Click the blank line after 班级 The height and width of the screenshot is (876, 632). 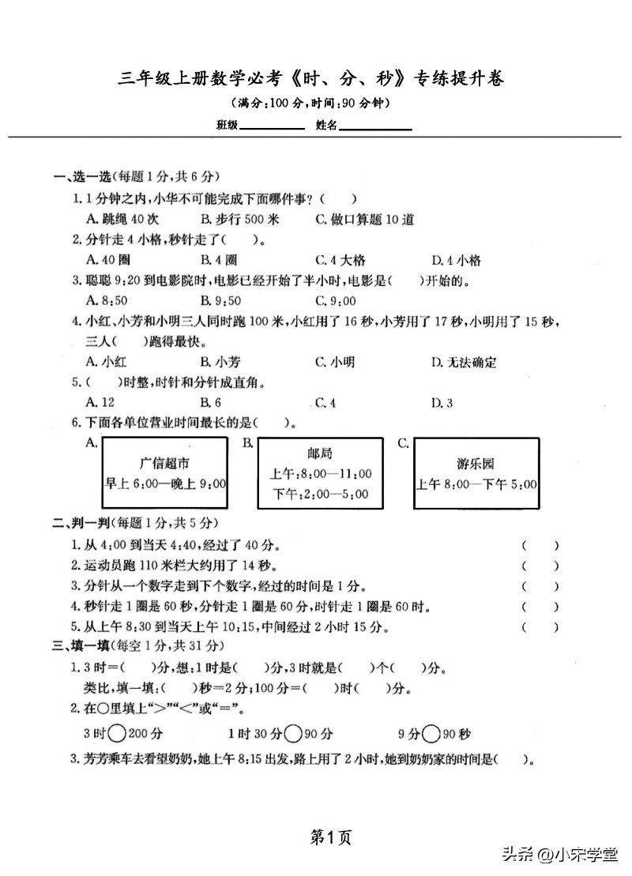[272, 126]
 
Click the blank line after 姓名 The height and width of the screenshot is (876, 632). [376, 126]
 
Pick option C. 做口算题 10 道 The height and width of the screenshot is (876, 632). [364, 220]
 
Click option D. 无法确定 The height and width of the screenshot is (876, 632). [464, 363]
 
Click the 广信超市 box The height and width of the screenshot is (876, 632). [164, 473]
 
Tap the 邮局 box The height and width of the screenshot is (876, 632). [319, 473]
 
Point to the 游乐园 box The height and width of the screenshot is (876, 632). [476, 473]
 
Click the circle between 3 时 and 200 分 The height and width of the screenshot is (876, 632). [116, 734]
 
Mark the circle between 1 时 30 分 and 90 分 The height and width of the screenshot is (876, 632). [293, 734]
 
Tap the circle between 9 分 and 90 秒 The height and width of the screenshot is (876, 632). [431, 734]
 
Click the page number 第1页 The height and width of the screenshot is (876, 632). [331, 837]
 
